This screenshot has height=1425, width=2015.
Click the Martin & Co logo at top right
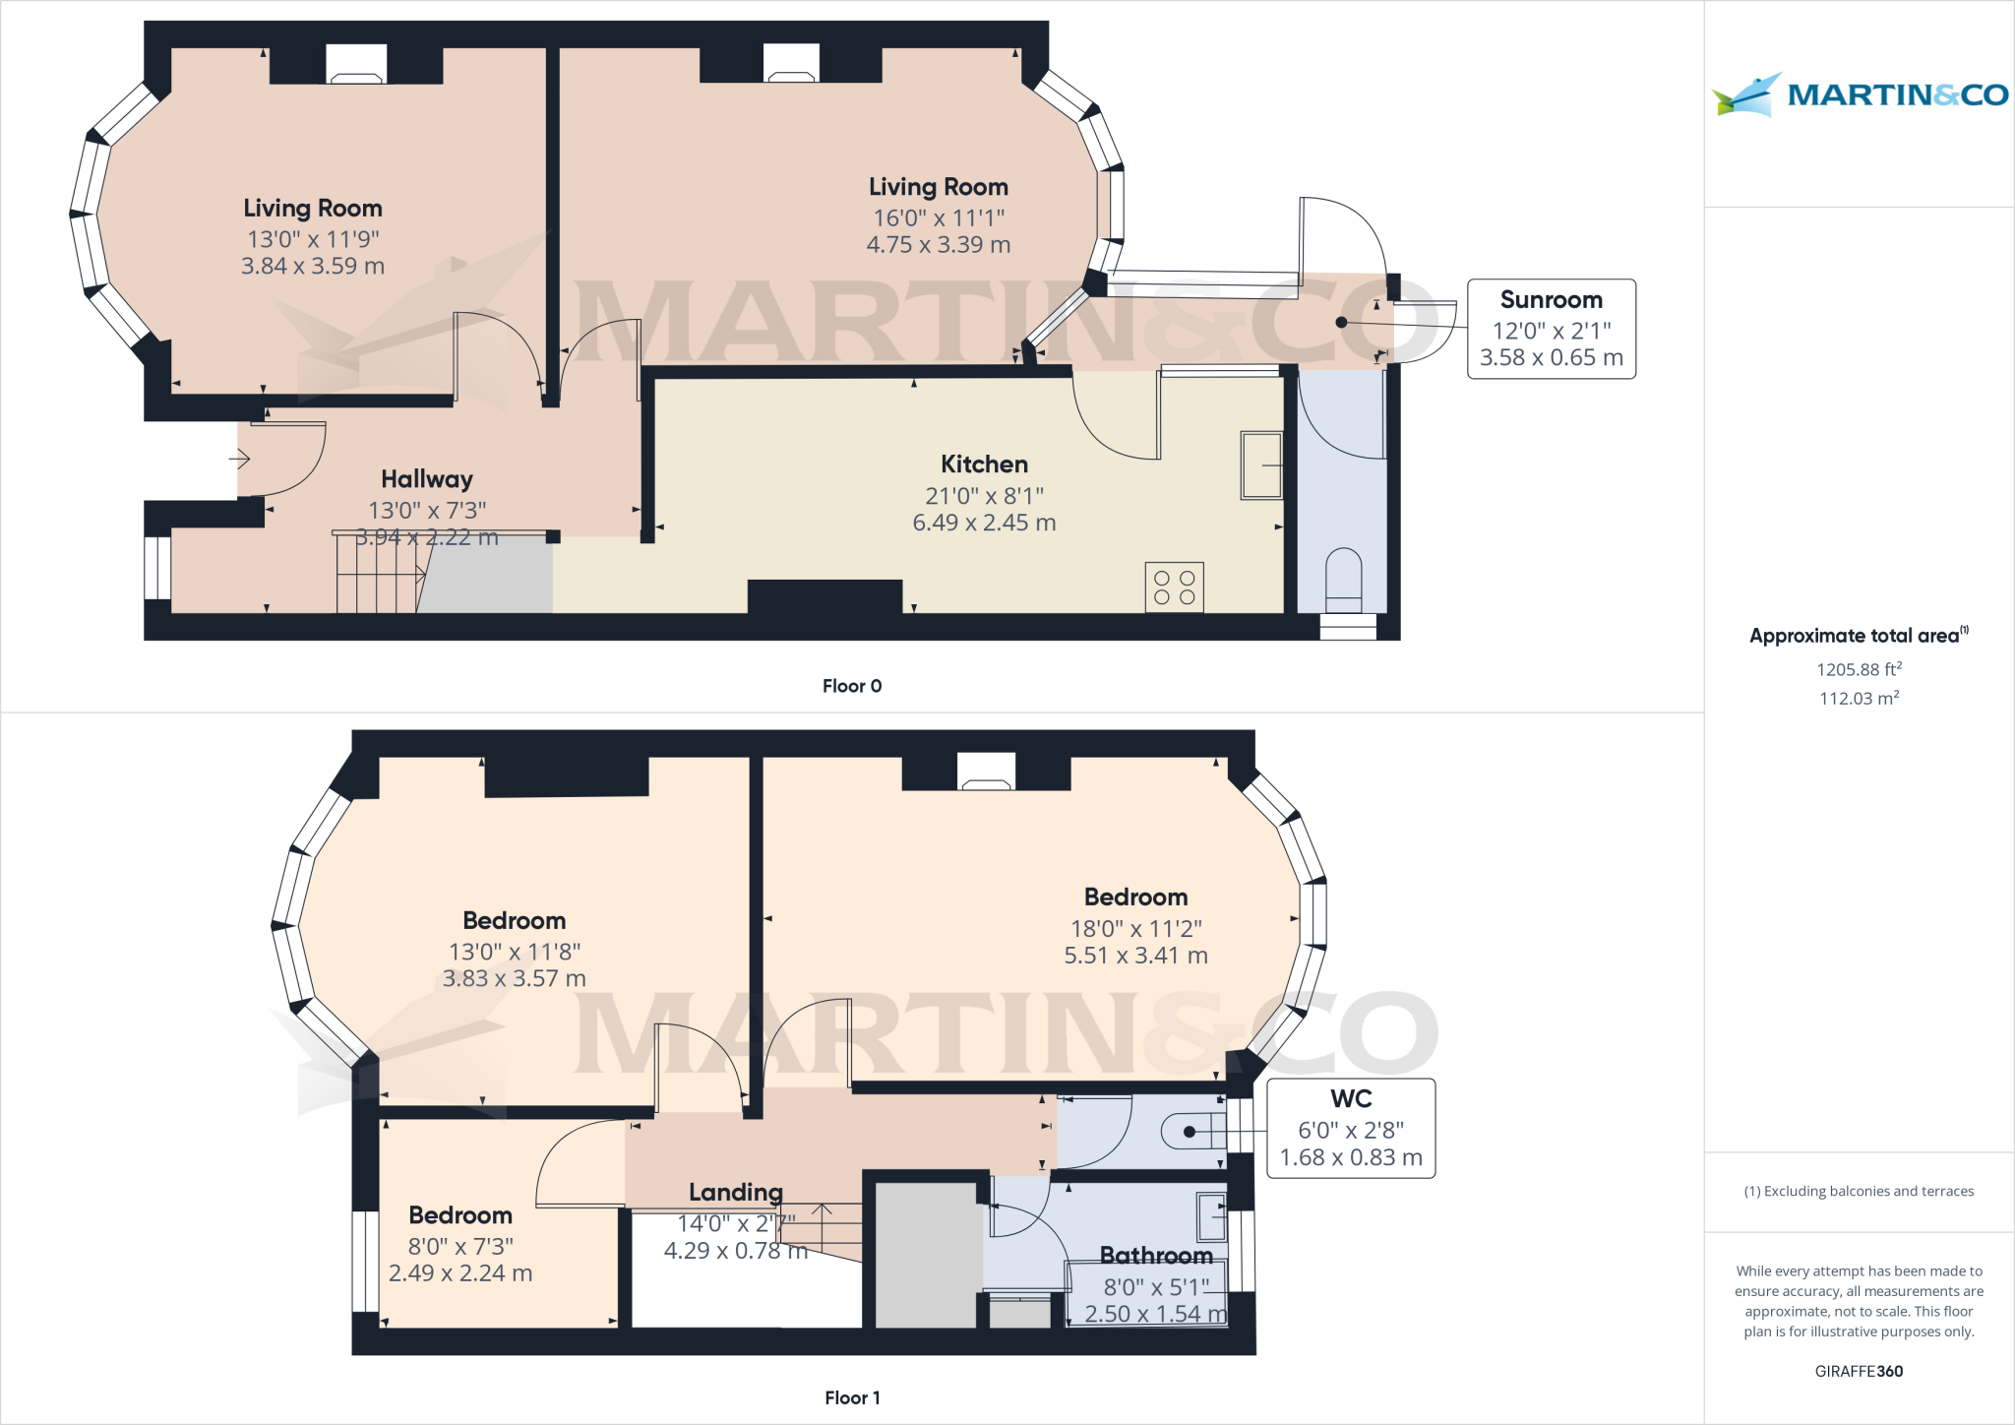pyautogui.click(x=1859, y=94)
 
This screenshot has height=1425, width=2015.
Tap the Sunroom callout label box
pyautogui.click(x=1551, y=329)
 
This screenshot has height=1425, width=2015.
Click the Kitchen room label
pyautogui.click(x=984, y=465)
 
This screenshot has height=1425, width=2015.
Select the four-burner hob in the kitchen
pyautogui.click(x=1174, y=588)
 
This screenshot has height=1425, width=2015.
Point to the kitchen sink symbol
pyautogui.click(x=1260, y=465)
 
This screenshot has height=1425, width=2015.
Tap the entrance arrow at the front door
pyautogui.click(x=239, y=459)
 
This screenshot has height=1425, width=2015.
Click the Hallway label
pyautogui.click(x=426, y=479)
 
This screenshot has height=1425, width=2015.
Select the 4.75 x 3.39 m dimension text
pyautogui.click(x=938, y=245)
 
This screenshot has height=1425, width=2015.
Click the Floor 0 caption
pyautogui.click(x=851, y=686)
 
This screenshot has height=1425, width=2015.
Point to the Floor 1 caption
pyautogui.click(x=852, y=1397)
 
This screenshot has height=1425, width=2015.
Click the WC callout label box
pyautogui.click(x=1350, y=1128)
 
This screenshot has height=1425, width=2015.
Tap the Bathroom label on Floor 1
pyautogui.click(x=1155, y=1256)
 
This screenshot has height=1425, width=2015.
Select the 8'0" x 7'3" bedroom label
pyautogui.click(x=460, y=1246)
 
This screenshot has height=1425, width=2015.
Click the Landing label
pyautogui.click(x=735, y=1193)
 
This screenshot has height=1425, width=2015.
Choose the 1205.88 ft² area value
pyautogui.click(x=1858, y=669)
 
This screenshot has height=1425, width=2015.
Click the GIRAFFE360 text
pyautogui.click(x=1858, y=1371)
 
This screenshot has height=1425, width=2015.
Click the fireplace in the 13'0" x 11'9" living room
pyautogui.click(x=356, y=66)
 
